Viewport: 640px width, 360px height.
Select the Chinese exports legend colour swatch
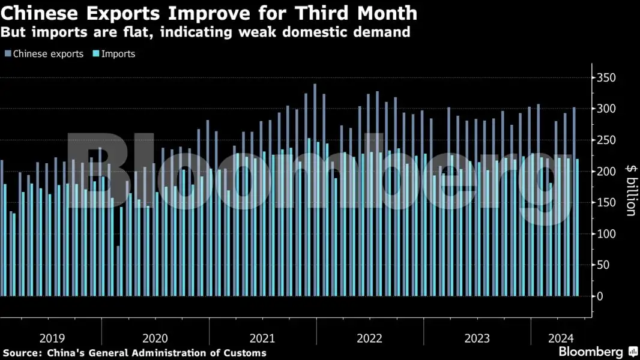click(7, 54)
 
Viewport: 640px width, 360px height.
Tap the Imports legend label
click(118, 54)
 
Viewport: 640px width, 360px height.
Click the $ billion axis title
click(630, 190)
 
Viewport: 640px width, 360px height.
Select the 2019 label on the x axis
click(52, 337)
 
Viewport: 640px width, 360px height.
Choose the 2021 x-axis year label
click(262, 337)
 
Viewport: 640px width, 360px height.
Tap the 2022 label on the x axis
click(369, 337)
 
